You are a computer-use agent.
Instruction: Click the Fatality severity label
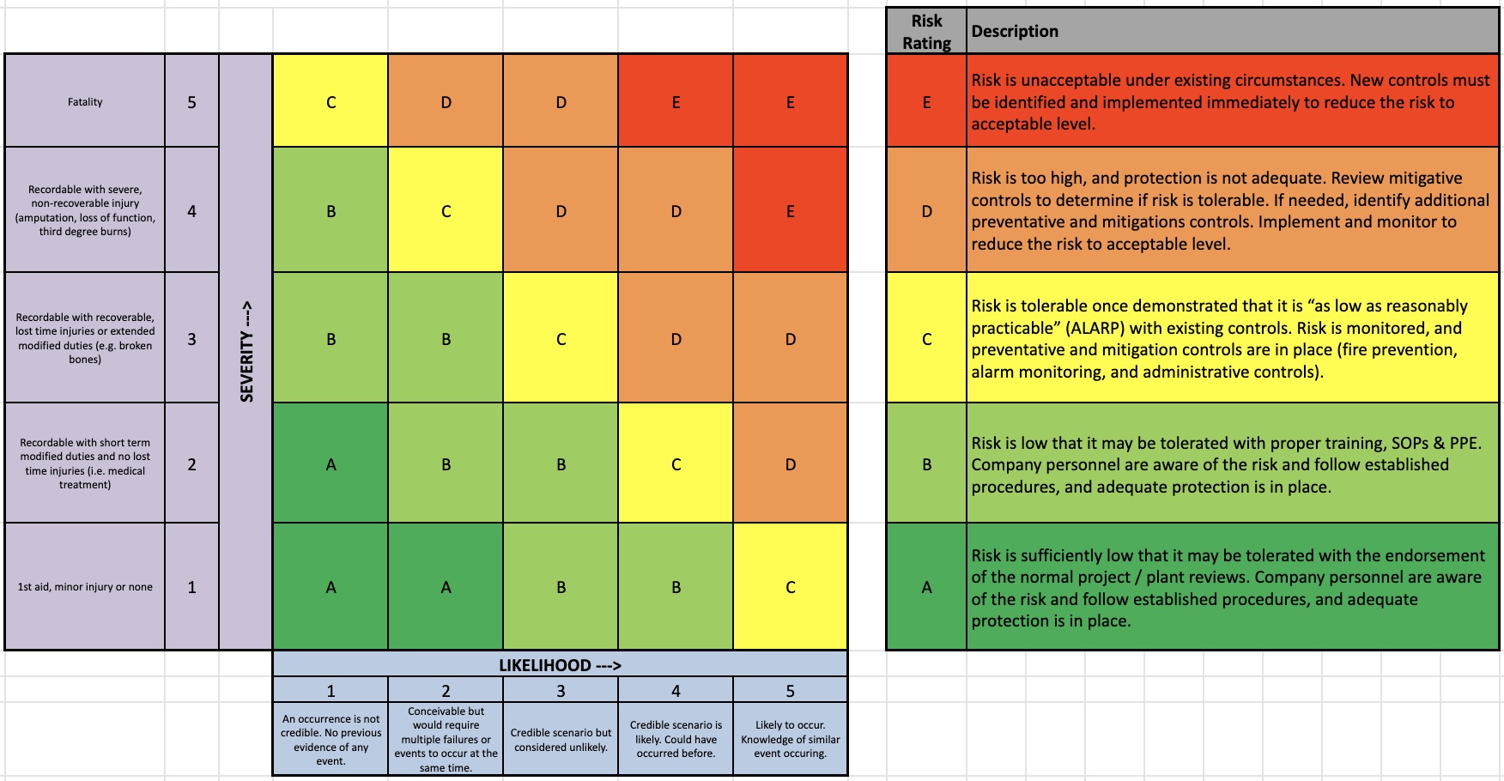pyautogui.click(x=85, y=101)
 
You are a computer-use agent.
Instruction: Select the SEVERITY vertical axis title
pyautogui.click(x=246, y=351)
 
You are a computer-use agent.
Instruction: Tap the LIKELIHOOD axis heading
pyautogui.click(x=560, y=665)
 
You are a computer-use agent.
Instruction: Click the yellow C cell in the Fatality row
pyautogui.click(x=331, y=101)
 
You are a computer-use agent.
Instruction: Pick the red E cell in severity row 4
pyautogui.click(x=790, y=210)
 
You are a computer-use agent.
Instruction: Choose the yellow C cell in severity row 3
pyautogui.click(x=561, y=338)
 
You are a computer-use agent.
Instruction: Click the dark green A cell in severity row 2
pyautogui.click(x=331, y=463)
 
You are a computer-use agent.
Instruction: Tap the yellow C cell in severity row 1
pyautogui.click(x=790, y=587)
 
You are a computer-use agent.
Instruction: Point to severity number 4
pyautogui.click(x=191, y=210)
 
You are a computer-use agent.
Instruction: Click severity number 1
pyautogui.click(x=191, y=587)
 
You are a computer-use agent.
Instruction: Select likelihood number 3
pyautogui.click(x=561, y=691)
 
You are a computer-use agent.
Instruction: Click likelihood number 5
pyautogui.click(x=790, y=691)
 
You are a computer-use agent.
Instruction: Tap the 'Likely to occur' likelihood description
pyautogui.click(x=790, y=739)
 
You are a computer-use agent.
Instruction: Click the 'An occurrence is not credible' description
pyautogui.click(x=331, y=739)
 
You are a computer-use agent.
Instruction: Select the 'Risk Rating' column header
pyautogui.click(x=926, y=32)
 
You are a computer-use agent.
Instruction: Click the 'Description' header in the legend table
pyautogui.click(x=1015, y=32)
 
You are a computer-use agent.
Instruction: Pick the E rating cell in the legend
pyautogui.click(x=926, y=101)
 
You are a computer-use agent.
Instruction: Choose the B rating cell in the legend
pyautogui.click(x=926, y=463)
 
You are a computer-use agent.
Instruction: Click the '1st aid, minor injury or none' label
pyautogui.click(x=85, y=587)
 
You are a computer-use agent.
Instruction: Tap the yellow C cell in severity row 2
pyautogui.click(x=676, y=463)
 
